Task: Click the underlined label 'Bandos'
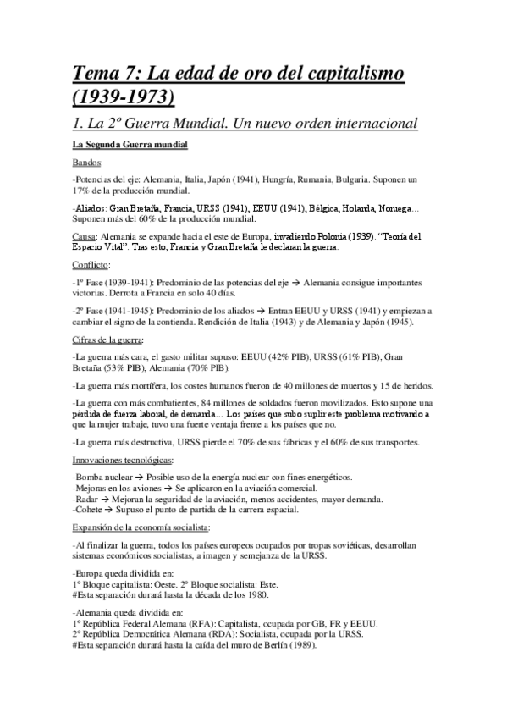88,163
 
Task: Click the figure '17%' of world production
83,192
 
